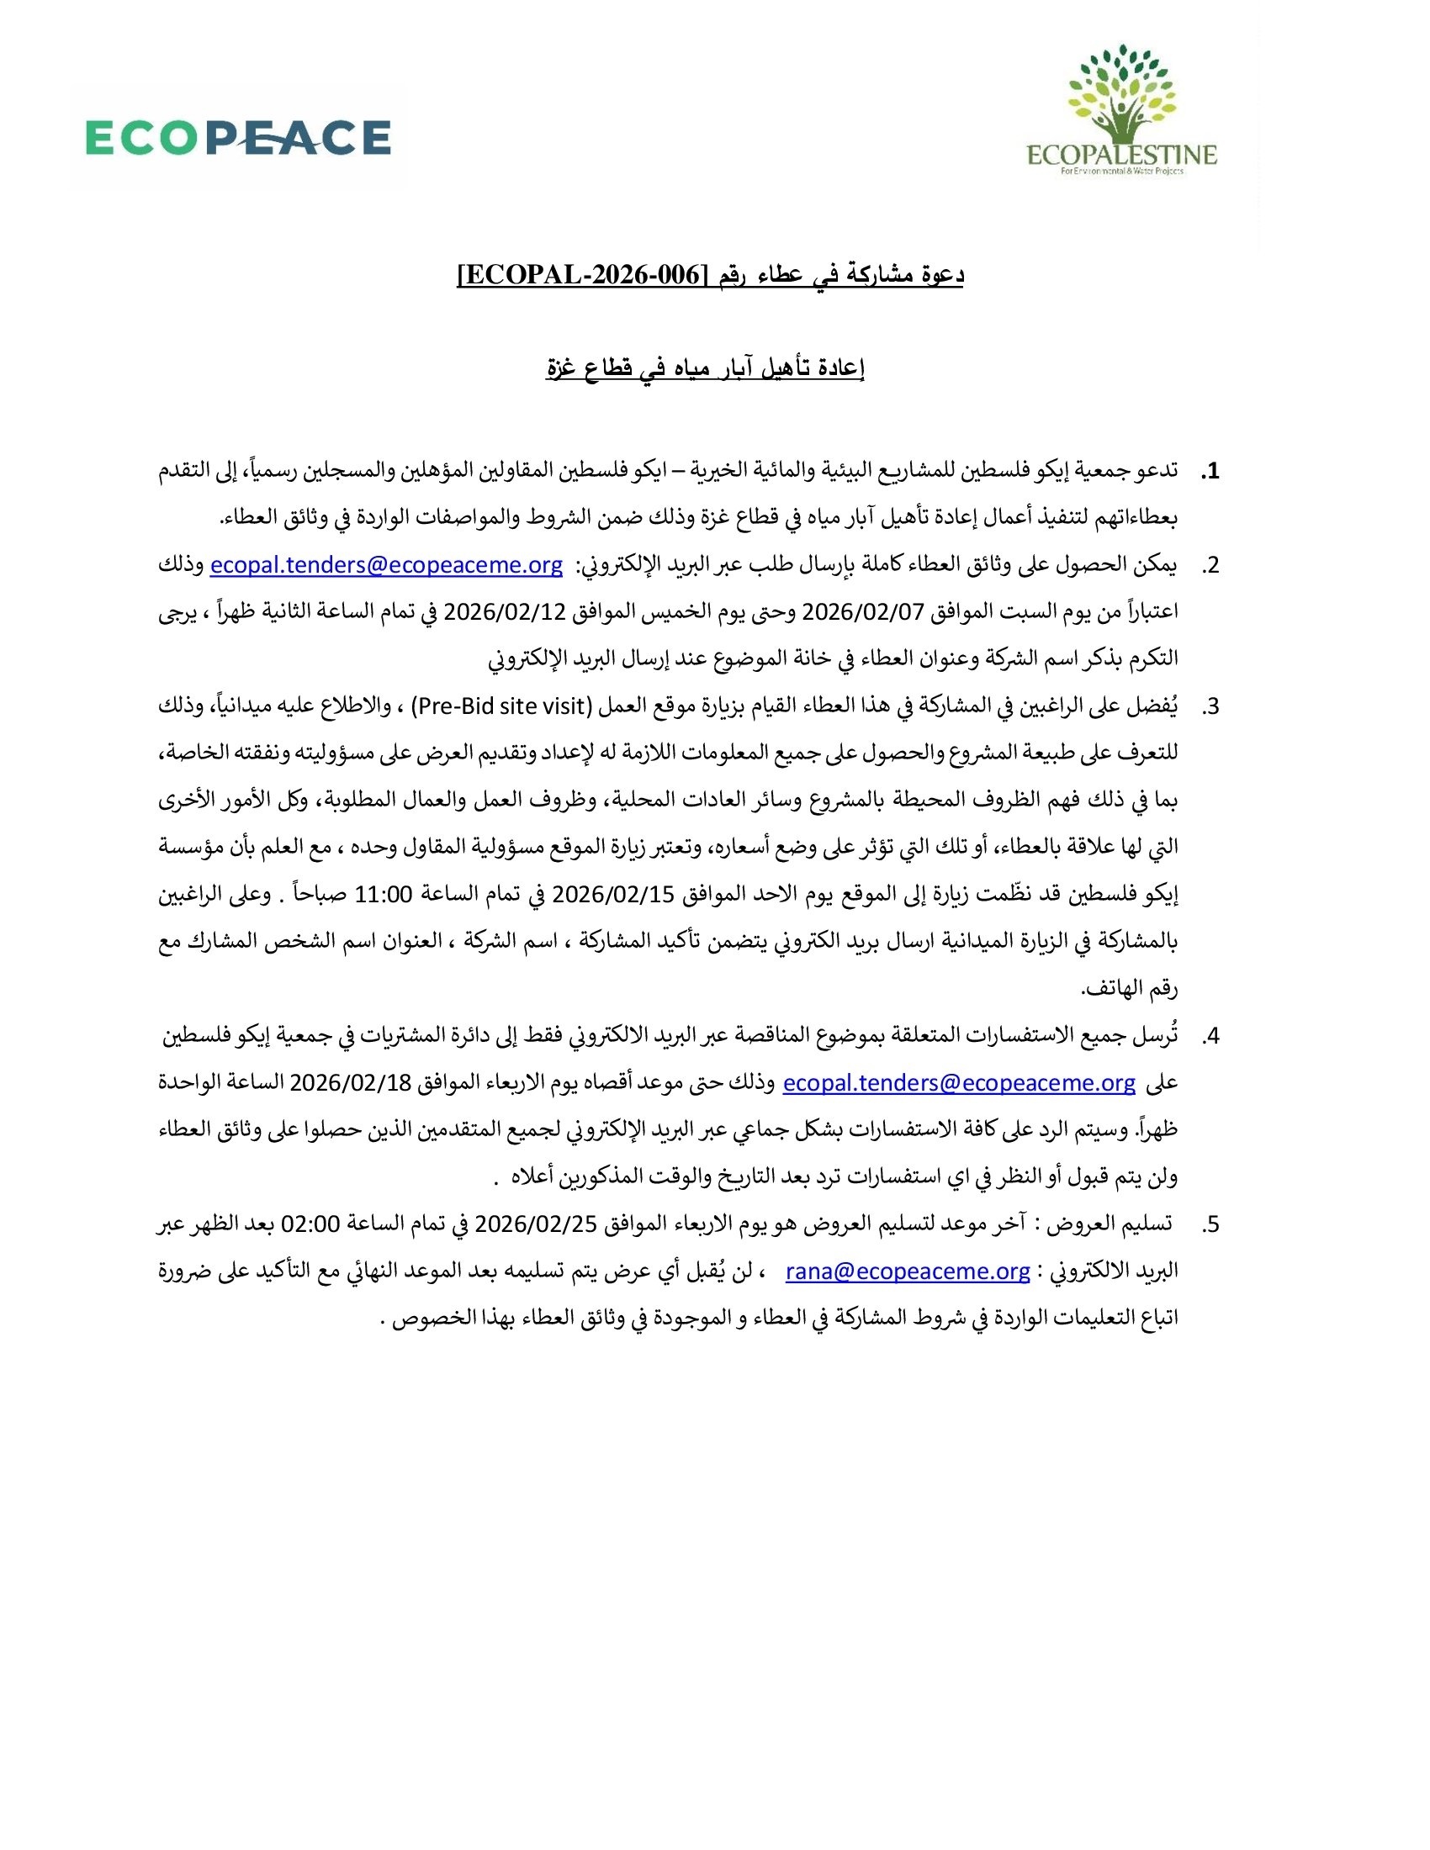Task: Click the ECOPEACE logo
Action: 238,138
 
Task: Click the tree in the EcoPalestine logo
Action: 1121,95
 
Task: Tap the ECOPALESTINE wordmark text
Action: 1121,155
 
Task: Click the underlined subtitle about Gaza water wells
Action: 705,368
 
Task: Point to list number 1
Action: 1210,471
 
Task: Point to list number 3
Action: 1210,706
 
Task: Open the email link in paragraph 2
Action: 386,565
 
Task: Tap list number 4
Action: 1210,1036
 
